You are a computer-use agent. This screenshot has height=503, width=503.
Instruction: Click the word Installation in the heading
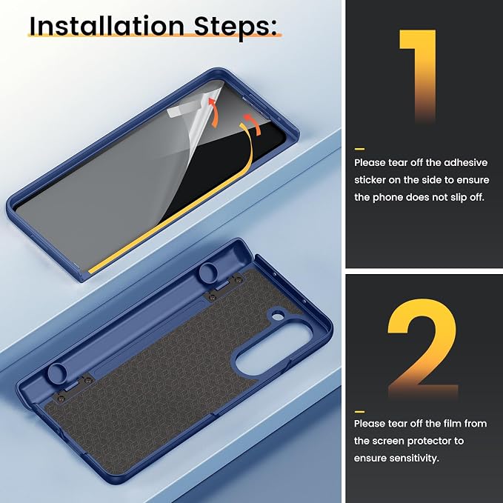point(107,26)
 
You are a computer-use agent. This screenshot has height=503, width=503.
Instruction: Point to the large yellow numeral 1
point(418,76)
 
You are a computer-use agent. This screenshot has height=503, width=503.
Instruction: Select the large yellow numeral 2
point(422,348)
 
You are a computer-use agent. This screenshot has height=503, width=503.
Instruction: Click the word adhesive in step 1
point(465,162)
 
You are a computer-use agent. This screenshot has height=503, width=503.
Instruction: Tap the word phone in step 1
point(387,197)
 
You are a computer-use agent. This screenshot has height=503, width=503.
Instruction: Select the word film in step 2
point(453,423)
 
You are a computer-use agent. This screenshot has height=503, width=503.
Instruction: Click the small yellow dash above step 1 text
point(359,149)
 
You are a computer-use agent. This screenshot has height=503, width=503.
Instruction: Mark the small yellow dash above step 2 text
point(359,412)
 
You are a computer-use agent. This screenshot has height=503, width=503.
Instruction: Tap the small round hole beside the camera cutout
point(278,317)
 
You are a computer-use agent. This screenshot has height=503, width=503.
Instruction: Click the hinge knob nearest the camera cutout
point(209,271)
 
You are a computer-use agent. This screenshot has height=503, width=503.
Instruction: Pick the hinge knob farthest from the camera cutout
point(58,373)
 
